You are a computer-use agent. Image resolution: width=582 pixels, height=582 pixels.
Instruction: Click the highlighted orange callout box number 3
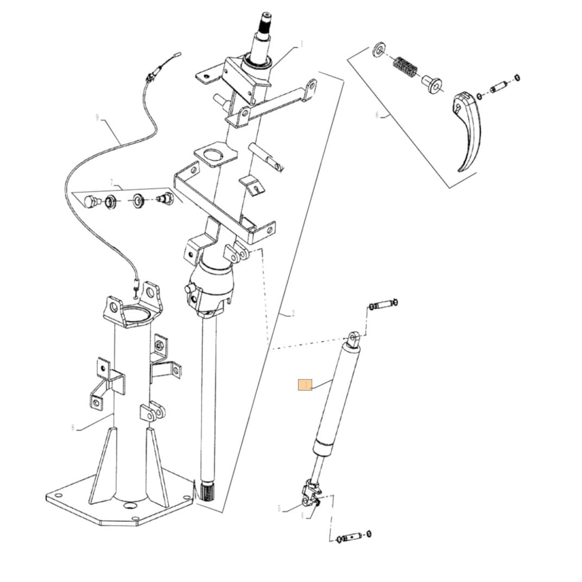click(x=306, y=385)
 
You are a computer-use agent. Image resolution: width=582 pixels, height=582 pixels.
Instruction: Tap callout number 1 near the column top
click(x=302, y=44)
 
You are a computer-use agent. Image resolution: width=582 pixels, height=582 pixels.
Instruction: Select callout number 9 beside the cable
click(x=97, y=117)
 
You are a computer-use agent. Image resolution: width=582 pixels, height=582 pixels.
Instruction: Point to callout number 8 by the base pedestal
click(x=73, y=428)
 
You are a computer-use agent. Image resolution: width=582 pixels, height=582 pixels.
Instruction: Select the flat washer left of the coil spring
click(x=379, y=49)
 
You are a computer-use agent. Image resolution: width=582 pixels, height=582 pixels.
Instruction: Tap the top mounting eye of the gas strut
click(x=354, y=338)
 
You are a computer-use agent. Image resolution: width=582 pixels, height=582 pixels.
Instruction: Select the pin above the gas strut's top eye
click(x=382, y=304)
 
